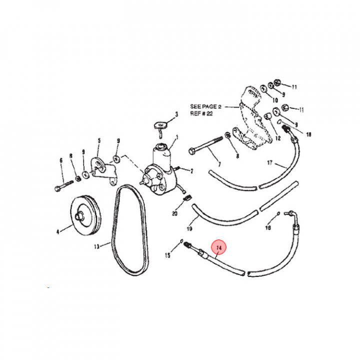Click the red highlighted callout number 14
click(219, 248)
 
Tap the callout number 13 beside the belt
click(97, 246)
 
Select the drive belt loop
click(129, 230)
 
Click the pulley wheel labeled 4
click(85, 215)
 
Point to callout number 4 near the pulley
click(58, 232)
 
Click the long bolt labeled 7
click(205, 146)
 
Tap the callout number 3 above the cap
click(176, 114)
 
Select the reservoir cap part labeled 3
click(160, 129)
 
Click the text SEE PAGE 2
click(205, 106)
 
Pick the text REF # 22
click(201, 113)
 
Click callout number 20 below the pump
click(174, 213)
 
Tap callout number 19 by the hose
click(189, 228)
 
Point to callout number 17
click(270, 163)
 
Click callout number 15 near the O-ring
click(168, 255)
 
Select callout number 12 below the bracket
click(278, 138)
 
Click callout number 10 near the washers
click(275, 100)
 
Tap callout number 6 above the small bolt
click(61, 160)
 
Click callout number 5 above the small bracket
click(99, 140)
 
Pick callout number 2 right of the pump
click(191, 171)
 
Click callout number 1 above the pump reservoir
click(177, 137)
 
